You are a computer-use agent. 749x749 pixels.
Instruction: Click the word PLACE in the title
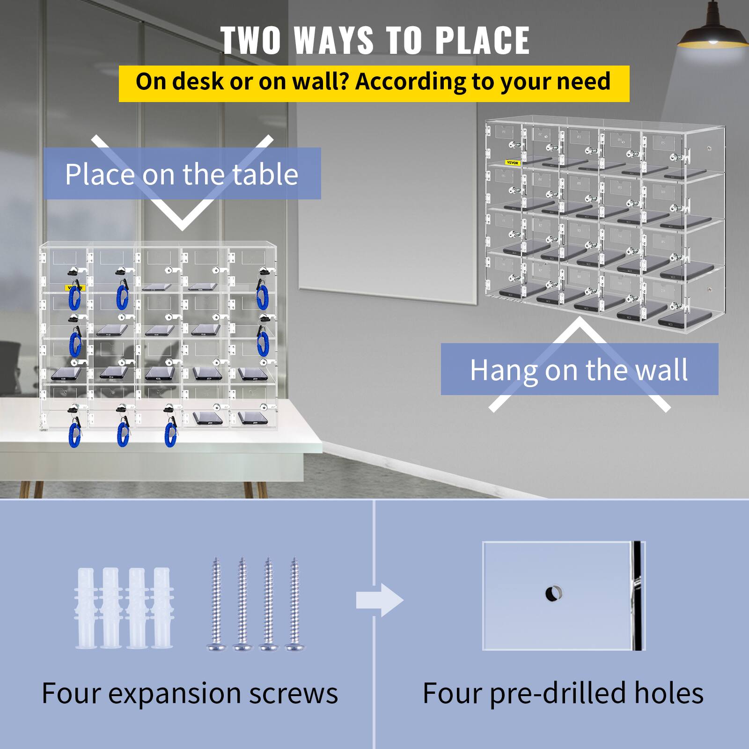pos(483,40)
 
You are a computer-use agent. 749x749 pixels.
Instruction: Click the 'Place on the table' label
pos(182,174)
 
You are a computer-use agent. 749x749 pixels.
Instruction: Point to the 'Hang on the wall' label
pos(579,370)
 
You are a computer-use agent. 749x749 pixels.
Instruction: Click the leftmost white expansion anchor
pos(86,607)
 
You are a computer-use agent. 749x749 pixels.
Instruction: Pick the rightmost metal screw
pos(294,603)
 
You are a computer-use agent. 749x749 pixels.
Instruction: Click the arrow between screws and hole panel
pos(380,600)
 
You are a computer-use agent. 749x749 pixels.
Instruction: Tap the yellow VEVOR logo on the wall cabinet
pos(513,163)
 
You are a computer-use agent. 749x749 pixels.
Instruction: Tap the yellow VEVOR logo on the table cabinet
pos(74,288)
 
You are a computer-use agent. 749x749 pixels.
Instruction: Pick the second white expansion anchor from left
pos(111,607)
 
